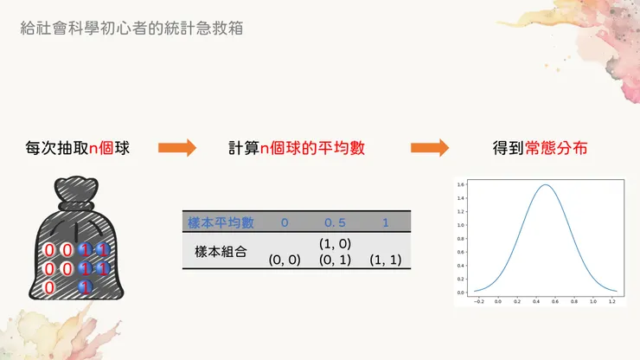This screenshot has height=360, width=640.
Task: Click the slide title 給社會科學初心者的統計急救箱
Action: (131, 28)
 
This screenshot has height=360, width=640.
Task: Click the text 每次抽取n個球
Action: (78, 148)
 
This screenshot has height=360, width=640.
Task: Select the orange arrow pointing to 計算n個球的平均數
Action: (177, 148)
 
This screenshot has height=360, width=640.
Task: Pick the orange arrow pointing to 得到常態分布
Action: (430, 148)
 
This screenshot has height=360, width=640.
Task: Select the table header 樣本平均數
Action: (221, 223)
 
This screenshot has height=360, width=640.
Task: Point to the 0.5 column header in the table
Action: (334, 223)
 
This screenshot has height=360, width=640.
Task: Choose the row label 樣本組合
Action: (221, 252)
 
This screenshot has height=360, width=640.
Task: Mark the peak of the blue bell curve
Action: (547, 185)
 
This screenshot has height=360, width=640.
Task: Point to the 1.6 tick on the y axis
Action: (463, 184)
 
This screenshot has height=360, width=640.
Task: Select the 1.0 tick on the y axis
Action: (463, 225)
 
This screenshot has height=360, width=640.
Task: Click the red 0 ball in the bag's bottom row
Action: (50, 287)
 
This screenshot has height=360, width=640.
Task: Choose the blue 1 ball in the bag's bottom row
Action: (85, 287)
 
